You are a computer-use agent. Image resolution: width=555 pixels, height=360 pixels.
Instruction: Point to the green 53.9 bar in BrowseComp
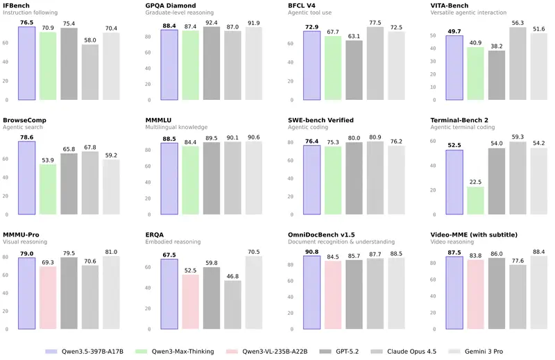coord(48,189)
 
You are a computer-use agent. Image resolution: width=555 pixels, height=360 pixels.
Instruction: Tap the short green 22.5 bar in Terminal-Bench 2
coord(475,200)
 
